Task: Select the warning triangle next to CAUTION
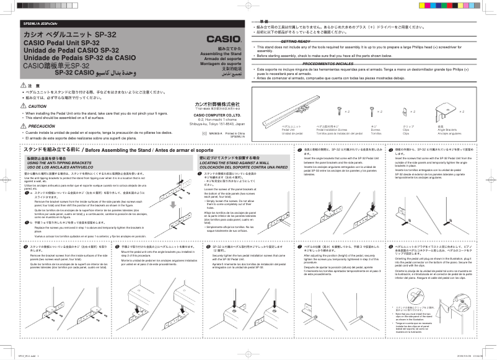[x=24, y=107]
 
